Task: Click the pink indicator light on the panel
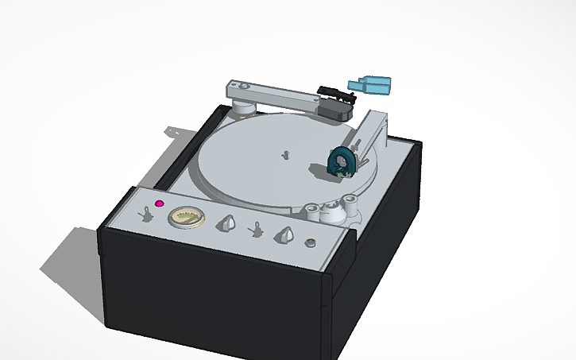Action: coord(159,204)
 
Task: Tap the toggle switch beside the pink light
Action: coord(146,213)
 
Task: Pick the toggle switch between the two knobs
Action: coord(257,230)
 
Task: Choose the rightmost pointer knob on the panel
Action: coord(284,235)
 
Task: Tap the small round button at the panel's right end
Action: coord(311,243)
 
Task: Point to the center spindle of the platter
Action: coord(284,154)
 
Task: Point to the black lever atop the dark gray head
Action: coord(334,92)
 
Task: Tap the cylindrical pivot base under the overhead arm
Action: coord(244,109)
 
